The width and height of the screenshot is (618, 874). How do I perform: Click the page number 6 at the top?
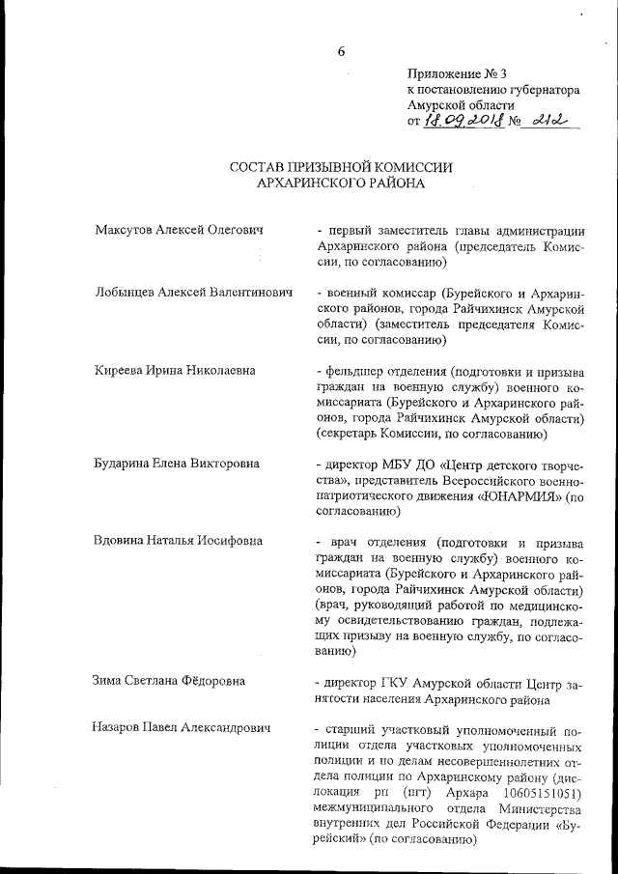click(341, 51)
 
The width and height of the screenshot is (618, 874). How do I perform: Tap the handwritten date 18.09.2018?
click(463, 123)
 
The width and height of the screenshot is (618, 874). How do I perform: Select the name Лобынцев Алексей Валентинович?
click(194, 291)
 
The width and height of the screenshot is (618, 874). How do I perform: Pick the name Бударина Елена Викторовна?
click(178, 463)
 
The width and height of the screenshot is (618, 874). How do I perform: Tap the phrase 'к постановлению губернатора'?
click(493, 89)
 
